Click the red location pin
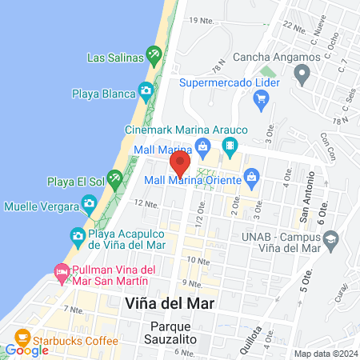[180, 164]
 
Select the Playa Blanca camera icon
[146, 90]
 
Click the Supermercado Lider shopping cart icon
[260, 99]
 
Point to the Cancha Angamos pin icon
[302, 75]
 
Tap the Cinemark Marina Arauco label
[186, 130]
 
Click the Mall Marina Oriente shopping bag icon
[250, 175]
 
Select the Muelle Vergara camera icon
[89, 205]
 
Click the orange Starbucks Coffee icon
[22, 335]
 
